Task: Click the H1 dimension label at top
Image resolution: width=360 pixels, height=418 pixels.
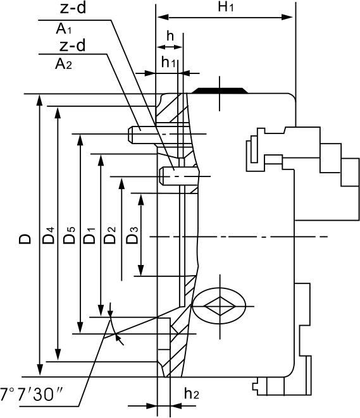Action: [226, 7]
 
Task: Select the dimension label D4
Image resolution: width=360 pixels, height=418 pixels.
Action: [49, 235]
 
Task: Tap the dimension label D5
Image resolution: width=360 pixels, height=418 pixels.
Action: [69, 235]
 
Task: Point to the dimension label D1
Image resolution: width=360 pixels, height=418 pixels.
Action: [89, 236]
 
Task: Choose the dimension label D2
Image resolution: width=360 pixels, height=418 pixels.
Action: [109, 235]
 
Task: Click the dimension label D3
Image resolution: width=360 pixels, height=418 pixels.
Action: [132, 235]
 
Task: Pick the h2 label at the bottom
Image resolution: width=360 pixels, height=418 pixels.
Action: [192, 393]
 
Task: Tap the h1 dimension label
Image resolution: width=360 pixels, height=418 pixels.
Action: [168, 63]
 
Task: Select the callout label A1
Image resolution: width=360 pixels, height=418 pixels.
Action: [63, 29]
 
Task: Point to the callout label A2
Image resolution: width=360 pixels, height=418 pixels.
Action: [63, 64]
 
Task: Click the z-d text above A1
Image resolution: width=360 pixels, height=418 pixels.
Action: [73, 8]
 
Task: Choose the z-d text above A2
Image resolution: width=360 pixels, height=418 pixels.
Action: [72, 46]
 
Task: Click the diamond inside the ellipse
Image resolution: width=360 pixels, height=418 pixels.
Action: [220, 306]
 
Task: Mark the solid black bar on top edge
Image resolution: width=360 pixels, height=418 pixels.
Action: [220, 90]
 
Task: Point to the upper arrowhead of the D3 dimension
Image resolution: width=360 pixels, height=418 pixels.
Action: [141, 199]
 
